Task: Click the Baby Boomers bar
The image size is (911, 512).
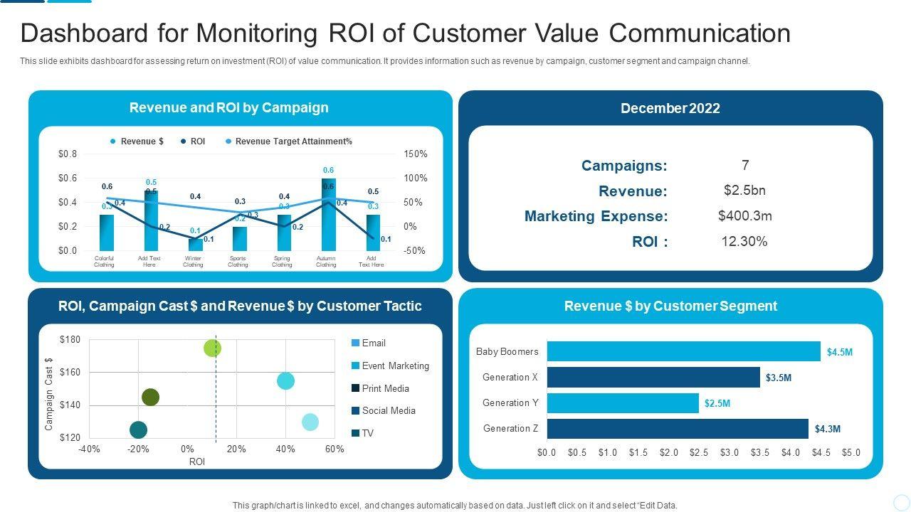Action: click(683, 351)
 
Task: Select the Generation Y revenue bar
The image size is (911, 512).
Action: click(623, 403)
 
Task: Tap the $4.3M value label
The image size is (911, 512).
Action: click(828, 429)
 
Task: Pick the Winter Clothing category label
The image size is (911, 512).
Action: click(193, 262)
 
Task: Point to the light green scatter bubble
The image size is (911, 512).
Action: click(212, 348)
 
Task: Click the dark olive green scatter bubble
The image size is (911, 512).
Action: click(150, 397)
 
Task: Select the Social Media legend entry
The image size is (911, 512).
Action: click(389, 410)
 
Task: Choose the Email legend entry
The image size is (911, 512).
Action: click(373, 343)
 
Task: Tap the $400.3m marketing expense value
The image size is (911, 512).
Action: click(744, 215)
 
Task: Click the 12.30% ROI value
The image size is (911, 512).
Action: click(744, 241)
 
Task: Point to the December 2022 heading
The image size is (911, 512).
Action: click(670, 108)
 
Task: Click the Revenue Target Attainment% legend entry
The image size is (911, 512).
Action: click(293, 142)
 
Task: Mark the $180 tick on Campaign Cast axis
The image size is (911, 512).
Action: click(70, 339)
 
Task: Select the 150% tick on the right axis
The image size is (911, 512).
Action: click(415, 154)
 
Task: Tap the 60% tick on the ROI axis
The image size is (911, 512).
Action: click(335, 449)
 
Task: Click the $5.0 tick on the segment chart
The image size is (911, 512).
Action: click(851, 452)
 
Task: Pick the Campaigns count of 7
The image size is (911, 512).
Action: click(745, 165)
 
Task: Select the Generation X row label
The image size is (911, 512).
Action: click(510, 377)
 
